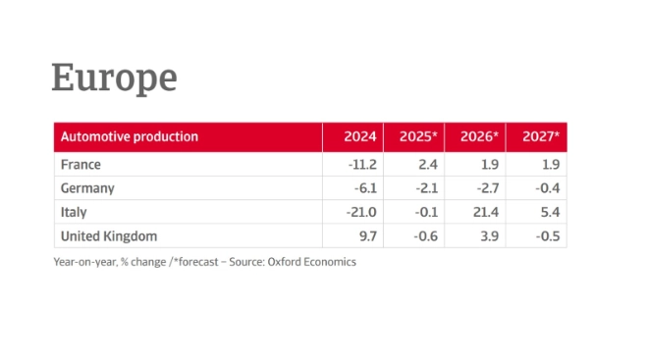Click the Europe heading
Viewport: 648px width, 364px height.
(114, 78)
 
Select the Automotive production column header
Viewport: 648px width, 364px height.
(129, 137)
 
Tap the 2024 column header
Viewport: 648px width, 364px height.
(359, 137)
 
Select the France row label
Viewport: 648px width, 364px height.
(81, 165)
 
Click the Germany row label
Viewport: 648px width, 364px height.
(87, 188)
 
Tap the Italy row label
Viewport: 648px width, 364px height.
(73, 212)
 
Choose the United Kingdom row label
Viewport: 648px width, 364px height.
(108, 236)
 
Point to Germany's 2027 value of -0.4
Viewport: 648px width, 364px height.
(544, 188)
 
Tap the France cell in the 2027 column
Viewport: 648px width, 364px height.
(548, 165)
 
